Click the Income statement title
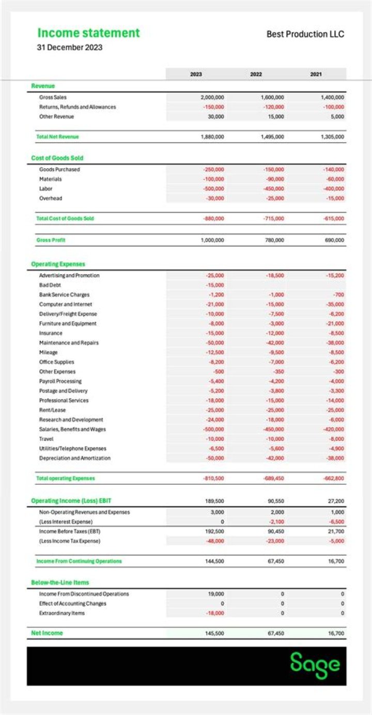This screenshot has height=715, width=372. (x=88, y=33)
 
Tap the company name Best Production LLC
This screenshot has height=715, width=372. (x=305, y=34)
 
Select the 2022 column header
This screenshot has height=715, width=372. (x=256, y=75)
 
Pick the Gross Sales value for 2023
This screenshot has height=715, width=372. (x=212, y=97)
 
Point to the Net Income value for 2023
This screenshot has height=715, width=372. (x=214, y=633)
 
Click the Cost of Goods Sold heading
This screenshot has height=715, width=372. (x=57, y=158)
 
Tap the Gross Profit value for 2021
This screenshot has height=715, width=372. (x=334, y=240)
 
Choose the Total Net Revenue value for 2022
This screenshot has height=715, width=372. (x=272, y=137)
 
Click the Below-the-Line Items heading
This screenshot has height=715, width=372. (x=60, y=583)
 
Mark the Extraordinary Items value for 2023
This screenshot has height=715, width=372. (x=215, y=613)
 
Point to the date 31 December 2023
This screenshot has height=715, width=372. (x=69, y=48)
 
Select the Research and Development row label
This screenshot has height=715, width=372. (x=71, y=420)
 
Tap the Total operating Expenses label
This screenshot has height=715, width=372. (x=66, y=479)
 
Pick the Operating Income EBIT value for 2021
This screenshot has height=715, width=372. (x=336, y=501)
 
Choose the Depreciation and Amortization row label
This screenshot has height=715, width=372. (x=74, y=458)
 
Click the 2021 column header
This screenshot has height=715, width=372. (x=316, y=75)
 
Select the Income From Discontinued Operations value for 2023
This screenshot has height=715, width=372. (x=216, y=594)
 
